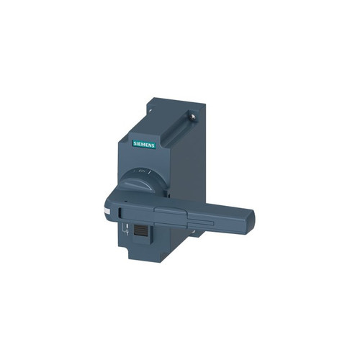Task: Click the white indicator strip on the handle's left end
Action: coord(107,212)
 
